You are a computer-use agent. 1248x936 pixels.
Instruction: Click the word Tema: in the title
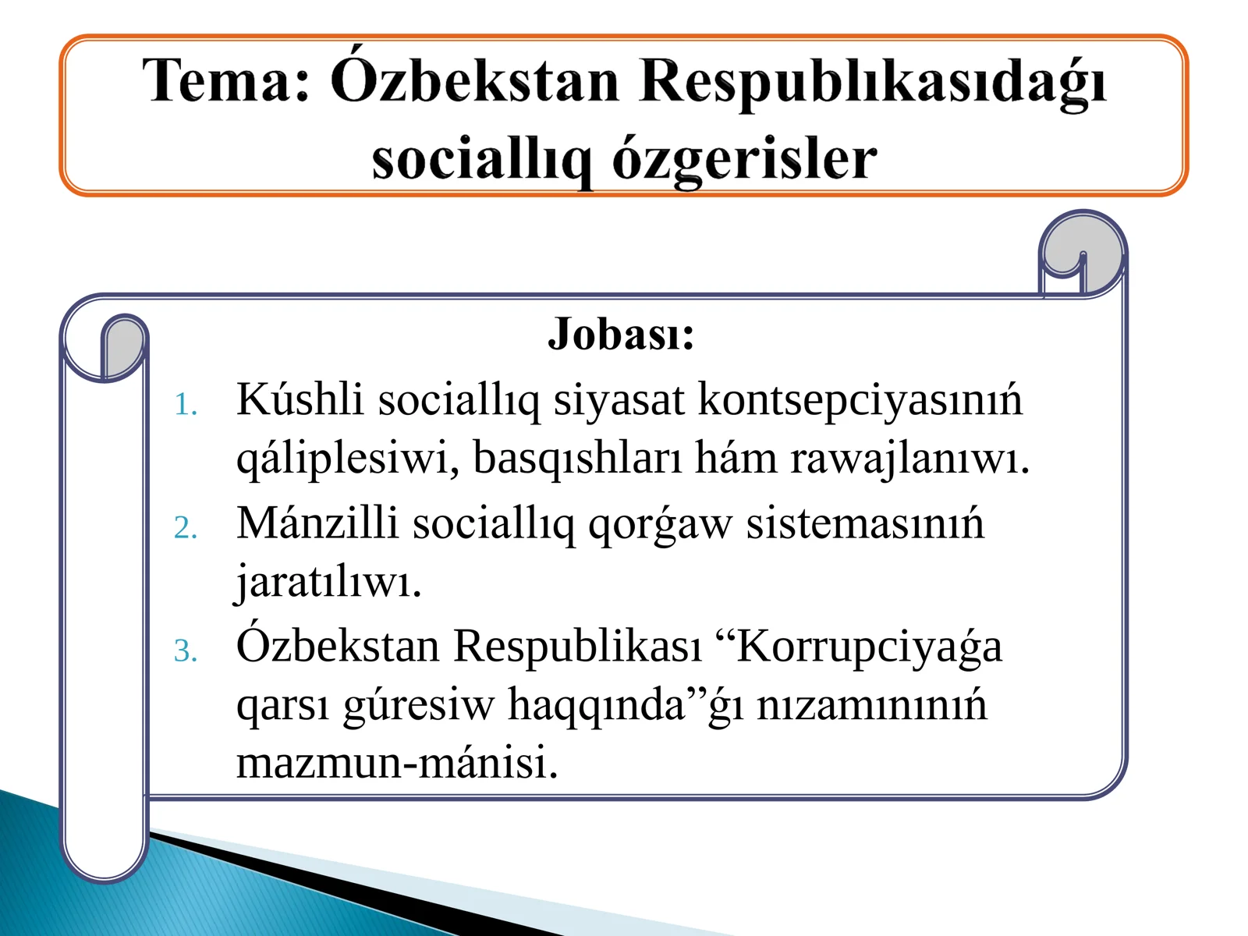pyautogui.click(x=227, y=81)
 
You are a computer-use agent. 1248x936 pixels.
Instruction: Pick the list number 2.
pyautogui.click(x=185, y=529)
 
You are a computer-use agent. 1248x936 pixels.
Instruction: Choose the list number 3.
pyautogui.click(x=185, y=651)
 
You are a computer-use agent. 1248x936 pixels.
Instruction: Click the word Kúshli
pyautogui.click(x=300, y=400)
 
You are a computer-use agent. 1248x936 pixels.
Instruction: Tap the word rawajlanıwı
pyautogui.click(x=909, y=459)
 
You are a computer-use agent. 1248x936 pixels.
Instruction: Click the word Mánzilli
pyautogui.click(x=317, y=523)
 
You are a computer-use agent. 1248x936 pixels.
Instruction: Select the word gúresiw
pyautogui.click(x=419, y=706)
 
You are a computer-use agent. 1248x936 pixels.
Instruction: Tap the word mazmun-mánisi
pyautogui.click(x=397, y=763)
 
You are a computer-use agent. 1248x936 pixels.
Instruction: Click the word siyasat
pyautogui.click(x=619, y=400)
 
